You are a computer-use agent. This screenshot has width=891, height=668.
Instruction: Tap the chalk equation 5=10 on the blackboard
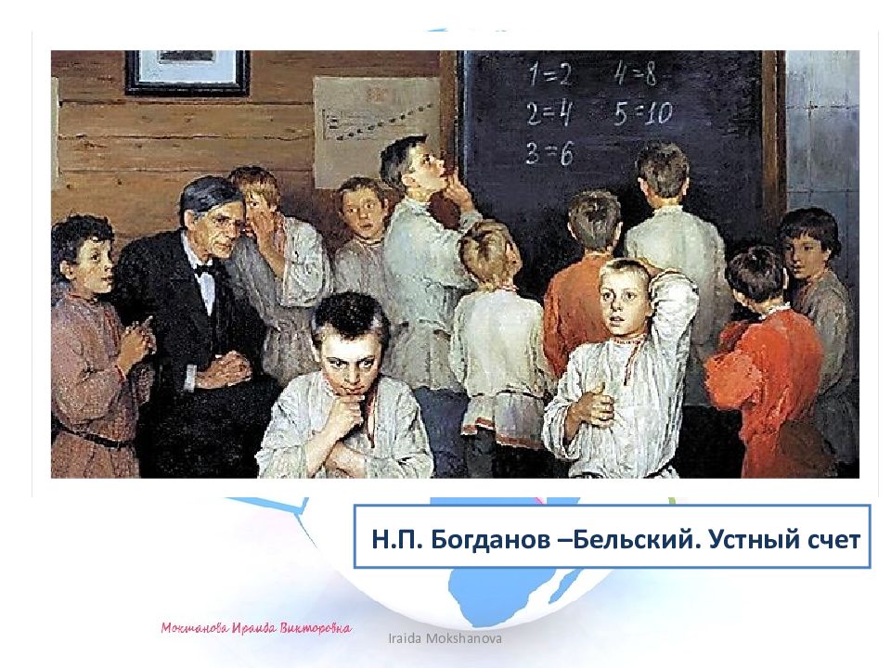click(641, 113)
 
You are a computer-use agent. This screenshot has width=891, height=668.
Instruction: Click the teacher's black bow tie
click(205, 270)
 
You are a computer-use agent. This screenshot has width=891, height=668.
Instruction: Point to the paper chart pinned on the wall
click(376, 130)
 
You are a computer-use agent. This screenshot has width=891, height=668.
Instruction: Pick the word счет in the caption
click(833, 539)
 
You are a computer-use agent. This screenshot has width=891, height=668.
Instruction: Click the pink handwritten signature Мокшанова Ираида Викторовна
click(255, 628)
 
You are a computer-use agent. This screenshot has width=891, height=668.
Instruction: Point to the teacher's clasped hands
click(220, 371)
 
